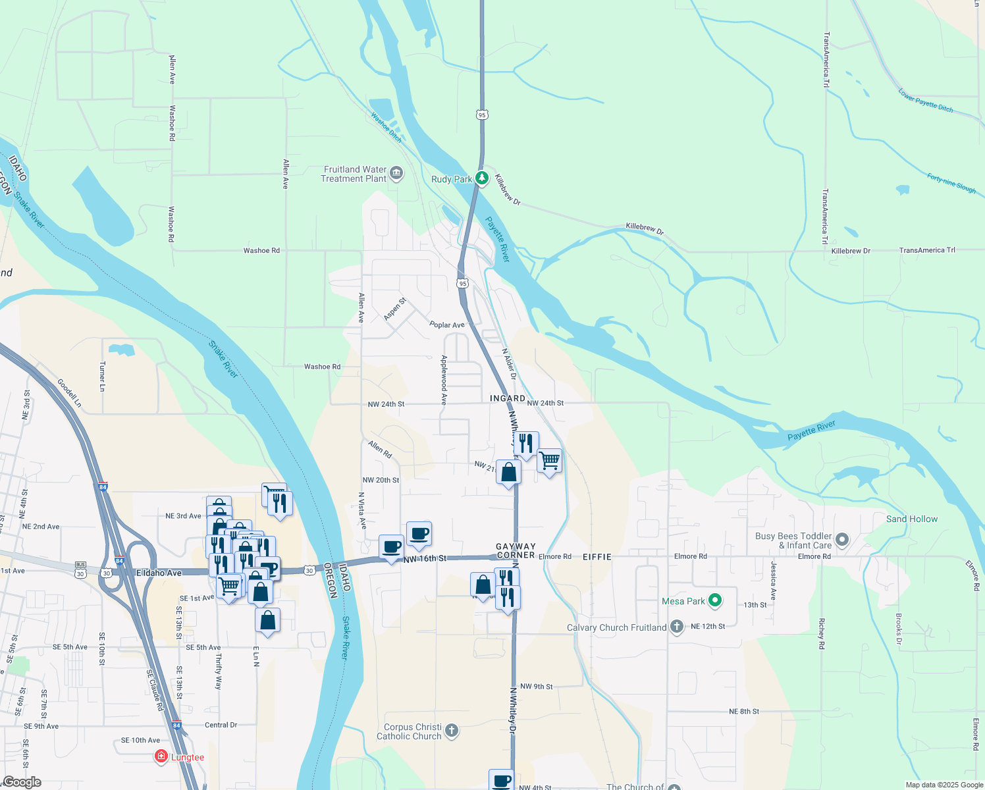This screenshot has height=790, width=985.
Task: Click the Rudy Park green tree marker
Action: coord(482,178)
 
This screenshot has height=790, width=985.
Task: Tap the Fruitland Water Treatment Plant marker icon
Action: coord(396,174)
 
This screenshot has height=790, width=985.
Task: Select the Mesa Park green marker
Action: coord(715,600)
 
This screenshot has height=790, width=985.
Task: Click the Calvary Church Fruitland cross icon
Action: coord(677,627)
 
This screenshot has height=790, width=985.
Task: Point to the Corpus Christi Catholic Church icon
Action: coord(452,730)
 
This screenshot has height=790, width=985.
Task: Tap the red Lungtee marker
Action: coord(161,756)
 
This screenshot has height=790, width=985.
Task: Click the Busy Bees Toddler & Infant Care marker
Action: coord(842,541)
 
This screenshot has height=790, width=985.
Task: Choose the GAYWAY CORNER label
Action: coord(516,551)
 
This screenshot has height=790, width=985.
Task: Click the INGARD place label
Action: coord(508,398)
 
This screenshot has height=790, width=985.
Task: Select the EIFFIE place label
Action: coord(597,557)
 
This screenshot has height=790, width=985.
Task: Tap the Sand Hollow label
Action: coord(912,519)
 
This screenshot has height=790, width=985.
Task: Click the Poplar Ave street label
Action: coord(447,325)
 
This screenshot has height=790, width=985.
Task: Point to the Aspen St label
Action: coord(395,309)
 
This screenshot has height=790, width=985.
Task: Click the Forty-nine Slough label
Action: coord(951,183)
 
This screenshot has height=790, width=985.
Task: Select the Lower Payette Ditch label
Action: coord(926,101)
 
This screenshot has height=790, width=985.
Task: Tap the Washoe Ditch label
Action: coord(386,127)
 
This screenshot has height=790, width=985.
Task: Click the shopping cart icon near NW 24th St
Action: coord(549,460)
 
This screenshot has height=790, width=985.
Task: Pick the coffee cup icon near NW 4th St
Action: coord(502,780)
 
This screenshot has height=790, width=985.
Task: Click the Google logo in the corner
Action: coord(22,782)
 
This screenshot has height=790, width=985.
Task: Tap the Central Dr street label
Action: coord(221,725)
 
